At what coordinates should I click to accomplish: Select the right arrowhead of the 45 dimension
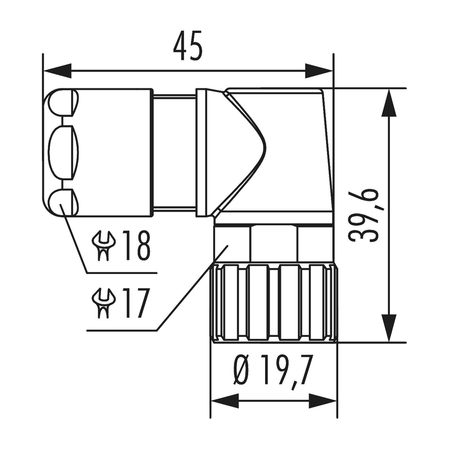point(319,71)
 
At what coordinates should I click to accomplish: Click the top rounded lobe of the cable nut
point(61,103)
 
